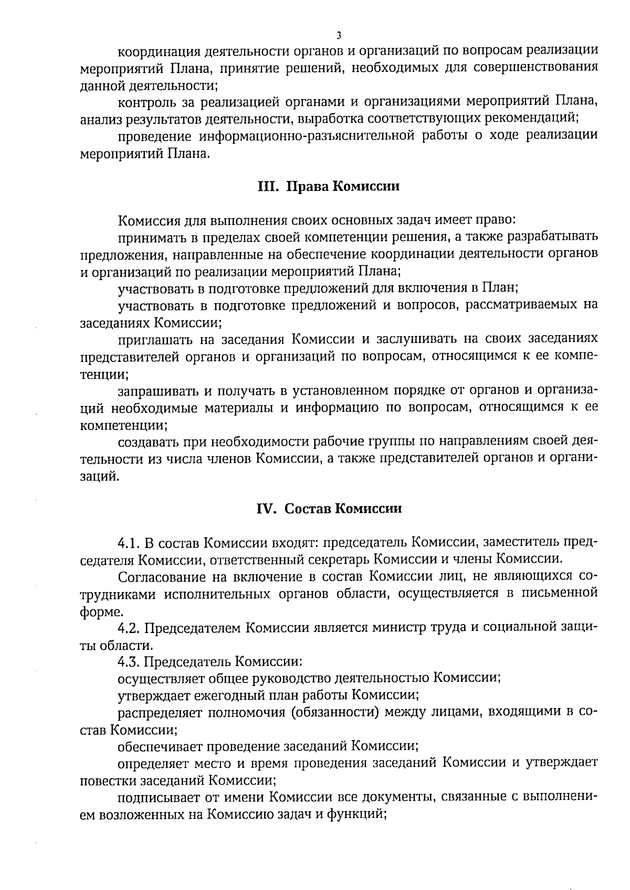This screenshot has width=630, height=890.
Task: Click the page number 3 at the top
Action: coord(339,36)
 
